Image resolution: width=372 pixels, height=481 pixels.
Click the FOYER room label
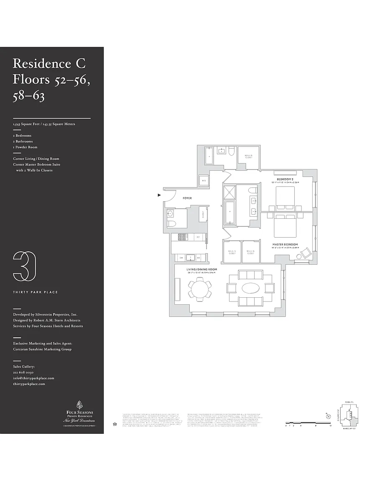(x=187, y=198)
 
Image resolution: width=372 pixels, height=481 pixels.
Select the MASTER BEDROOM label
(x=285, y=244)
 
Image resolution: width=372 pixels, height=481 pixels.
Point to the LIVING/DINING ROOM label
(x=201, y=269)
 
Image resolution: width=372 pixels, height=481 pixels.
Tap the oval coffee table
(x=250, y=289)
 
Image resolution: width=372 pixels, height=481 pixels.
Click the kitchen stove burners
(x=183, y=237)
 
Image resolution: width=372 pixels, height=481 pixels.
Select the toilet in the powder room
(x=171, y=223)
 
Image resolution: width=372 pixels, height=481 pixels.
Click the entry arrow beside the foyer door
(x=159, y=195)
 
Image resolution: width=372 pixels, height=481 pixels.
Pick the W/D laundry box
(x=204, y=181)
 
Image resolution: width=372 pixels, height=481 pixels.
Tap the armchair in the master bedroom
(x=306, y=253)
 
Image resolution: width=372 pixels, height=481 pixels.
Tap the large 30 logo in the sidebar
(x=24, y=266)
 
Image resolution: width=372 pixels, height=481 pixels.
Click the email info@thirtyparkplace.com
(x=33, y=378)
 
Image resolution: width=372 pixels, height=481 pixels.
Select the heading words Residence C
(x=49, y=63)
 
